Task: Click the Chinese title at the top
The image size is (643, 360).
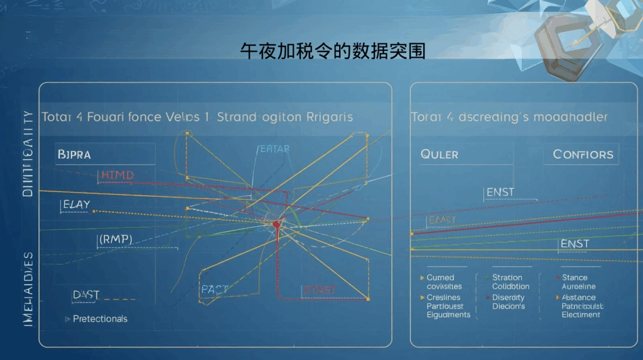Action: point(333,51)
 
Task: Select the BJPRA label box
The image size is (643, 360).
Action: point(73,153)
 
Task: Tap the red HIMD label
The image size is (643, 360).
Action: point(117,175)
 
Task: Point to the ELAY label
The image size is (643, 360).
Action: point(77,204)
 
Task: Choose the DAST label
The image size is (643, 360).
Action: point(86,294)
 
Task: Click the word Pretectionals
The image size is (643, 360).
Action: point(100,319)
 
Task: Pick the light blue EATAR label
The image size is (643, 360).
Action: point(274,149)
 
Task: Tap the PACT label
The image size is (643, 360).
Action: point(214,289)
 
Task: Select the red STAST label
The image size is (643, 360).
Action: point(320,289)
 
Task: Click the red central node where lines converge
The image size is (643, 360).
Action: point(276,224)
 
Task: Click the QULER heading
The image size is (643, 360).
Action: point(440,155)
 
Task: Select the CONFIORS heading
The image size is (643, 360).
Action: point(583,155)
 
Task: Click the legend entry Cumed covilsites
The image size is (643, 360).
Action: point(444,282)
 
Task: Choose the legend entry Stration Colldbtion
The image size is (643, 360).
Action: point(511,282)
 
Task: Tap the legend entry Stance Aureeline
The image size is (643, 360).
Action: point(575,282)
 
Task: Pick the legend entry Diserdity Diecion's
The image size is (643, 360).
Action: point(509,302)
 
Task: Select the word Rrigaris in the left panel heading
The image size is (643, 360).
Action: point(329,117)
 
